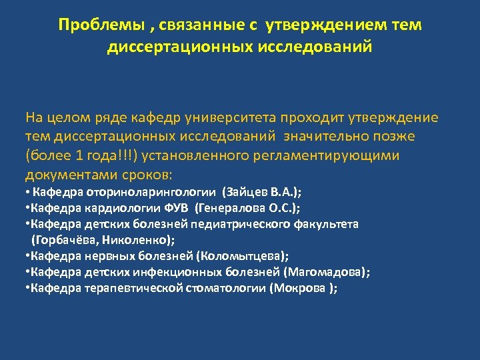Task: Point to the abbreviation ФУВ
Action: [x=177, y=208]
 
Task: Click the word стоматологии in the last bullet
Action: [x=225, y=287]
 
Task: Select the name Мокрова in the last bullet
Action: [x=298, y=287]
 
